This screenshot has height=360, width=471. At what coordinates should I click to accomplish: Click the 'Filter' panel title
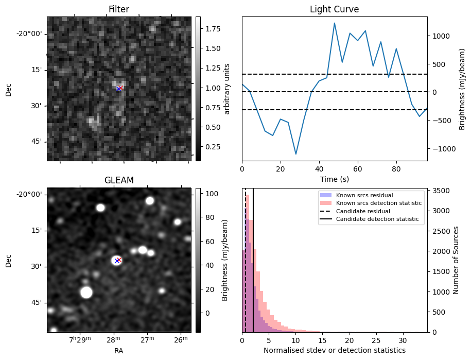(x=118, y=9)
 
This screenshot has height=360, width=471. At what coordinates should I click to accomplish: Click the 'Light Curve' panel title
(x=334, y=9)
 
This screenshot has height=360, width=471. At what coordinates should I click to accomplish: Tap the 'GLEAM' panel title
(x=118, y=180)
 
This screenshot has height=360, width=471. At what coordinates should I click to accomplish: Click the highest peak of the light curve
(x=335, y=23)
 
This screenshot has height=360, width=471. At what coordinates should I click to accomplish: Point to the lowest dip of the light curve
(x=296, y=154)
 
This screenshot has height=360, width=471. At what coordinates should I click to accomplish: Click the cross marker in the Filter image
(x=119, y=89)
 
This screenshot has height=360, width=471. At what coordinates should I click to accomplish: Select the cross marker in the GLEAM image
(x=118, y=260)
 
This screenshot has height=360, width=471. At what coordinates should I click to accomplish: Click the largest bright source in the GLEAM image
(x=86, y=293)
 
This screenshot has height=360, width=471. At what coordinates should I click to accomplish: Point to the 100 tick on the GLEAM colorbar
(x=210, y=194)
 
